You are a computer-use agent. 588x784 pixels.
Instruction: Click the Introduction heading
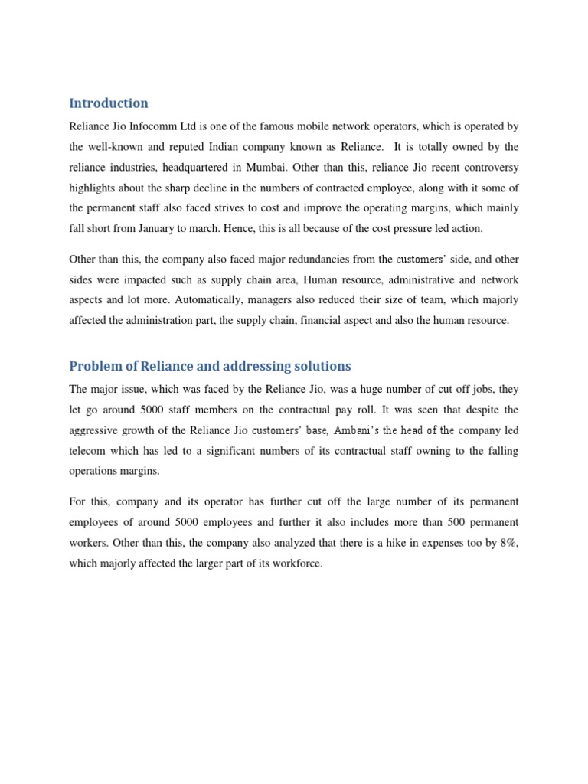tap(108, 103)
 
